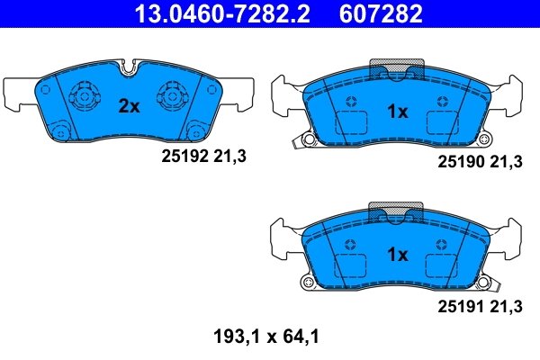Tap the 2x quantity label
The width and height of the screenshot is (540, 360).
(x=130, y=106)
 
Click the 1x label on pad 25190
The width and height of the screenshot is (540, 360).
(x=397, y=112)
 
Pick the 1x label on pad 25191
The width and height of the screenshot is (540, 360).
(x=397, y=255)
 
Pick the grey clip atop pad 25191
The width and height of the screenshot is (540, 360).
(x=398, y=213)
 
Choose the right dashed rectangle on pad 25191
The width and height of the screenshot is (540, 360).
(x=443, y=265)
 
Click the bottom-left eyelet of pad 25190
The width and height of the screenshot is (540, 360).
(x=308, y=139)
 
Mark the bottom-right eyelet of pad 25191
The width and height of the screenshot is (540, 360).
(x=487, y=283)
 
